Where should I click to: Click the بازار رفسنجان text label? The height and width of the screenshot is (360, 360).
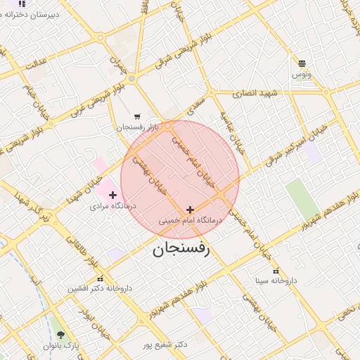[144, 127]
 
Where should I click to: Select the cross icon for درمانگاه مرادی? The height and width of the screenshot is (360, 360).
[112, 195]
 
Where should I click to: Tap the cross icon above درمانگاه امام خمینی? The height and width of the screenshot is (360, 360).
[190, 210]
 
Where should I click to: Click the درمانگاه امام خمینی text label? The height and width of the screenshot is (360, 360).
[189, 221]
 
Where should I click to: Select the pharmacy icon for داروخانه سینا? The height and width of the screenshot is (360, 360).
[276, 271]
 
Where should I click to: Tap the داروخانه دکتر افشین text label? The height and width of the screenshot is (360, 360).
[100, 288]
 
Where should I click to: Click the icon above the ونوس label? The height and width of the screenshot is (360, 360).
[302, 63]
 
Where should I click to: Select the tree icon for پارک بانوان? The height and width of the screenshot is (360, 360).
[60, 335]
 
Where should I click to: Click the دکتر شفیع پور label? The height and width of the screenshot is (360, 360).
[165, 345]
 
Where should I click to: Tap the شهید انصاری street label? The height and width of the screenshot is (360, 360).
[259, 93]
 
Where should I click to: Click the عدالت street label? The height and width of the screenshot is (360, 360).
[36, 62]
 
